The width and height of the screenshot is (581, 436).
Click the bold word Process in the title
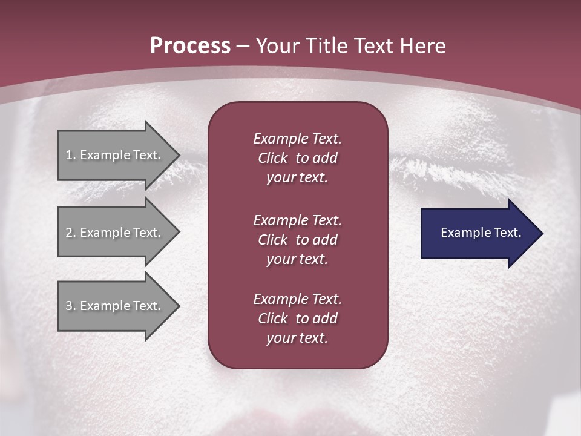190,46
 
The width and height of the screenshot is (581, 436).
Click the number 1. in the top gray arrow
70,155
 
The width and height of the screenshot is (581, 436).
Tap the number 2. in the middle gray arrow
70,233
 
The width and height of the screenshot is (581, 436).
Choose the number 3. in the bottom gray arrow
70,306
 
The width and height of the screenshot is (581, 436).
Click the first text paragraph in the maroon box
297,158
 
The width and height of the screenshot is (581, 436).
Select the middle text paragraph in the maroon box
297,239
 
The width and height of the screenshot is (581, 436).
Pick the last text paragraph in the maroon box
297,319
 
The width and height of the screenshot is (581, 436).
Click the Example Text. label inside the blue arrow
481,233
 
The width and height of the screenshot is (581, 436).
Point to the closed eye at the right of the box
448,163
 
